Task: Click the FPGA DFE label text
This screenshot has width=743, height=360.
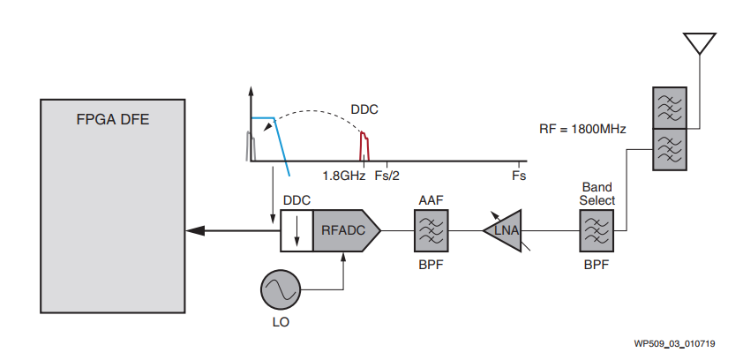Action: (113, 119)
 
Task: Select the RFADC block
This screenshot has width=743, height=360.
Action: (347, 230)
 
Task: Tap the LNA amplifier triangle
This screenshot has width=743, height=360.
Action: (502, 230)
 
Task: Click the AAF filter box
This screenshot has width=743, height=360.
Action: (432, 230)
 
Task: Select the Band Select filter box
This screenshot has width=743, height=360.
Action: (597, 230)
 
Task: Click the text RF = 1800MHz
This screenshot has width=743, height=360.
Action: (582, 129)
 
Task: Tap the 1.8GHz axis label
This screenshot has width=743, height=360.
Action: (344, 176)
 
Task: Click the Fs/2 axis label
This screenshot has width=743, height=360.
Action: (387, 176)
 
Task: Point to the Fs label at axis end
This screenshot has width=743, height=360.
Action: (519, 176)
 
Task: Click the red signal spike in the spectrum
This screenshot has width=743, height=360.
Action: (364, 146)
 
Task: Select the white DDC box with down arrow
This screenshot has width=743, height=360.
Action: (296, 230)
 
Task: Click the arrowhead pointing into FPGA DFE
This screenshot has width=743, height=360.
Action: (195, 230)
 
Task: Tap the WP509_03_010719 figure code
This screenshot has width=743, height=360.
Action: (675, 343)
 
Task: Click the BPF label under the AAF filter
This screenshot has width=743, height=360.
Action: (432, 265)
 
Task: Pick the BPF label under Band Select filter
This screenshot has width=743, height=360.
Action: (597, 265)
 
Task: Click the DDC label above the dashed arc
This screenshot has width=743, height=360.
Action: (364, 109)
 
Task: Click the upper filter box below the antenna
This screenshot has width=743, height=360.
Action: (670, 108)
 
